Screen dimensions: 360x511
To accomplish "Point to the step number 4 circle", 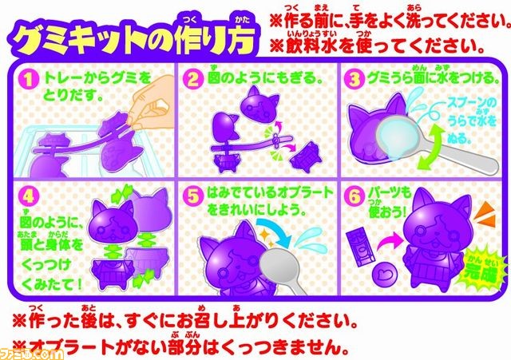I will (30, 194).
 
